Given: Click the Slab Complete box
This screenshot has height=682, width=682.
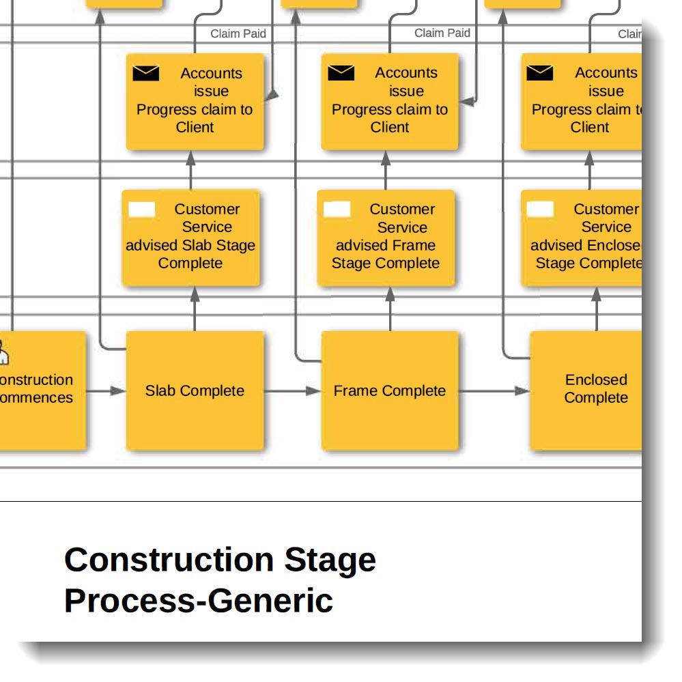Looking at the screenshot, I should click(195, 390).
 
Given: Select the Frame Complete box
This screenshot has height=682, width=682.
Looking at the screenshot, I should click(389, 390).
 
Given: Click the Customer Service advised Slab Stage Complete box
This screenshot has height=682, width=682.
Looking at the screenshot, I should click(190, 237).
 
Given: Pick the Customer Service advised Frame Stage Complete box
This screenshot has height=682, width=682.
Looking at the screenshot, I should click(386, 237).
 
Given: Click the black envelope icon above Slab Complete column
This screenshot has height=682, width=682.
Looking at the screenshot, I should click(145, 73).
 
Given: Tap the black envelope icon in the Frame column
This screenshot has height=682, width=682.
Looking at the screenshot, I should click(341, 72).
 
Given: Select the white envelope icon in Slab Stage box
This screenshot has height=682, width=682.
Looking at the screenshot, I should click(142, 210).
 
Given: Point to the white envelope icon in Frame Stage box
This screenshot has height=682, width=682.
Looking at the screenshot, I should click(337, 210).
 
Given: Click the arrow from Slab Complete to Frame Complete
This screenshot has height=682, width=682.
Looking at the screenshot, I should click(292, 391).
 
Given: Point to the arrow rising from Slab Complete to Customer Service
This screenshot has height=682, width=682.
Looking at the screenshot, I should click(195, 309).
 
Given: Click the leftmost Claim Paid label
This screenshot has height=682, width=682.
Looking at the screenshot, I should click(238, 33).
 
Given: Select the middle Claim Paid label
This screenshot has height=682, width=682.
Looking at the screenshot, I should click(442, 33).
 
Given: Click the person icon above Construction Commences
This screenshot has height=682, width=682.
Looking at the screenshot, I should click(3, 354).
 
